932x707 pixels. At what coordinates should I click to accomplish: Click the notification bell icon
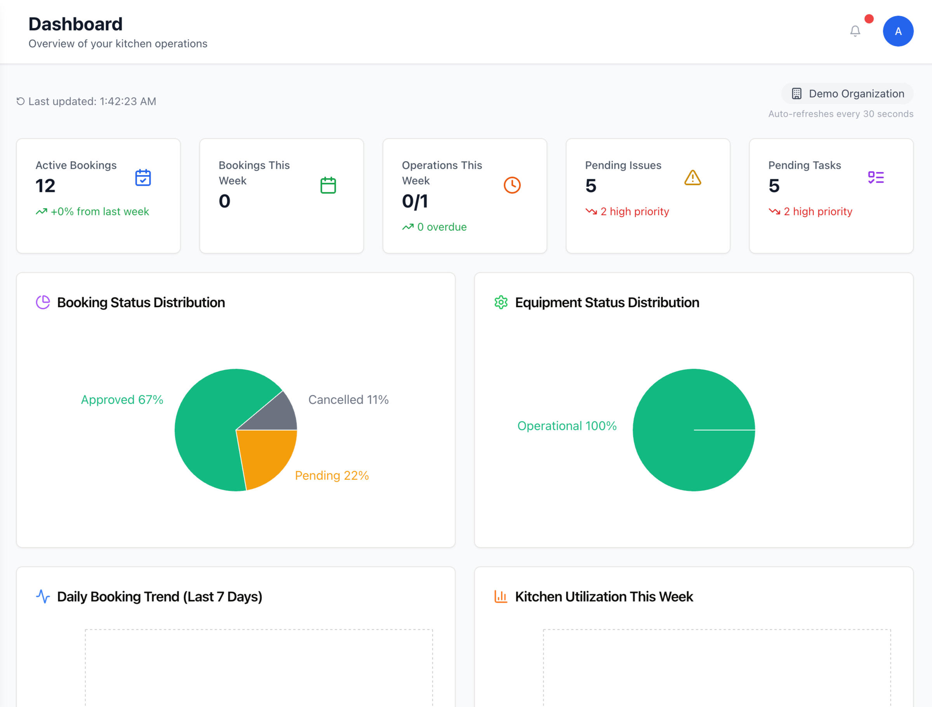(854, 31)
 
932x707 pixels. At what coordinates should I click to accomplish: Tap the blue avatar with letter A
(897, 31)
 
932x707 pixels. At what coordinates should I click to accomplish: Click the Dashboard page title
(75, 24)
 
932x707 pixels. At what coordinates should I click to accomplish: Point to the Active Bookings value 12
(45, 186)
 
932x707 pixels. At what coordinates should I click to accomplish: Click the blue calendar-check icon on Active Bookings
(143, 178)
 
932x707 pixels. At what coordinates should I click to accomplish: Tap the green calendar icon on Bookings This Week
(328, 186)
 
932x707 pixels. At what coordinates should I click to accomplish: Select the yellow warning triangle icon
(692, 178)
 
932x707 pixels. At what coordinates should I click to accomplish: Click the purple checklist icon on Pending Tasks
(876, 178)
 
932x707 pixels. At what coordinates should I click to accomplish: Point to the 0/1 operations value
(415, 202)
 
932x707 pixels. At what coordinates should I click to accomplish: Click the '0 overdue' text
(442, 227)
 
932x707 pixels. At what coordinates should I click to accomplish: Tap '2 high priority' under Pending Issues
(634, 212)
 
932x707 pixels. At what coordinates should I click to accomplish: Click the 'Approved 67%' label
(122, 400)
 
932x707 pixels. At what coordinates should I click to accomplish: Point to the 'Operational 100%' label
(567, 426)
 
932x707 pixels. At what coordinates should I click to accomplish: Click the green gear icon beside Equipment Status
(501, 302)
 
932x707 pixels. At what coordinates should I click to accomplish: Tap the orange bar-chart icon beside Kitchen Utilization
(500, 597)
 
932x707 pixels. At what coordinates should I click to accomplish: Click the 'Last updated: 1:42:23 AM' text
(92, 102)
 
